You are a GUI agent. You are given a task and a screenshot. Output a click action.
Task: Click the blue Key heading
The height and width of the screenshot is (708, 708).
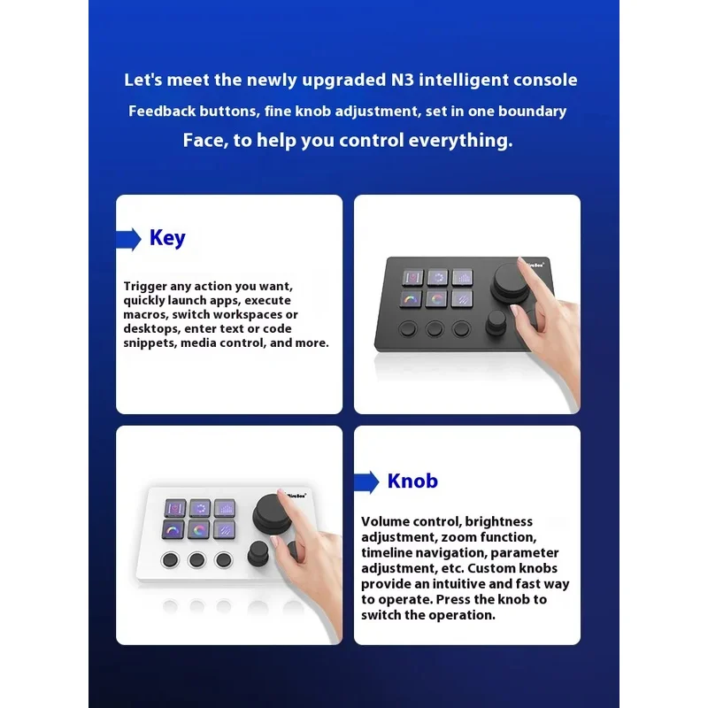[x=167, y=238]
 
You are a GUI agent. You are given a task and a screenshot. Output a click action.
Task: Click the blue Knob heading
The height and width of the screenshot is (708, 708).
[x=412, y=481]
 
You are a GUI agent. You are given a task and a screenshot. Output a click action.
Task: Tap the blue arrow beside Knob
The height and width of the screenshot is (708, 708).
[x=367, y=482]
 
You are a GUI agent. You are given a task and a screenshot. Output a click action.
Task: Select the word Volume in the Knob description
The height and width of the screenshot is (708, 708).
[x=385, y=522]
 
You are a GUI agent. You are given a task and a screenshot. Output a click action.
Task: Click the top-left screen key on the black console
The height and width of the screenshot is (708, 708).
[x=413, y=278]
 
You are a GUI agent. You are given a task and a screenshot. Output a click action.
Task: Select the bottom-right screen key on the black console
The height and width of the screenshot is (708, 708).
[x=463, y=299]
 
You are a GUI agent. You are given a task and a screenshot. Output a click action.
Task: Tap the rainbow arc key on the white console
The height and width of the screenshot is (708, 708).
[x=173, y=530]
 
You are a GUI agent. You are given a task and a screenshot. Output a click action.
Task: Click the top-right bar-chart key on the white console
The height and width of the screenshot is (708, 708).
[x=225, y=508]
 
